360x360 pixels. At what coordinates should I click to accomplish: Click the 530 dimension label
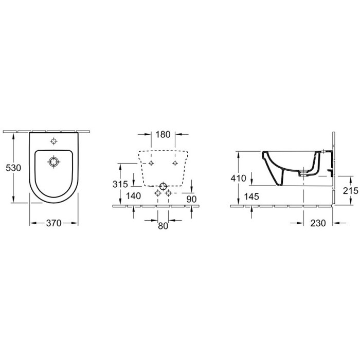point(13,168)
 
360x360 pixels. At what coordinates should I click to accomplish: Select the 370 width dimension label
point(53,223)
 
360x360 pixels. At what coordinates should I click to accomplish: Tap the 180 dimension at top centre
point(163,135)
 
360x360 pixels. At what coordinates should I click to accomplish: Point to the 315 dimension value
point(120,184)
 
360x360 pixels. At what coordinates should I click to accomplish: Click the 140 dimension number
point(133,196)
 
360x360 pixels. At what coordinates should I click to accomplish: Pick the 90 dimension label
point(191,199)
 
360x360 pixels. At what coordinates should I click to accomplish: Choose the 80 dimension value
point(163,226)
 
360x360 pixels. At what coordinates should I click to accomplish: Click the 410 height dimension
point(238,178)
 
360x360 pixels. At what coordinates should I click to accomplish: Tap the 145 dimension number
point(251,196)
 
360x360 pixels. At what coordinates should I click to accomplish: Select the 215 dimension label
point(351,191)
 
